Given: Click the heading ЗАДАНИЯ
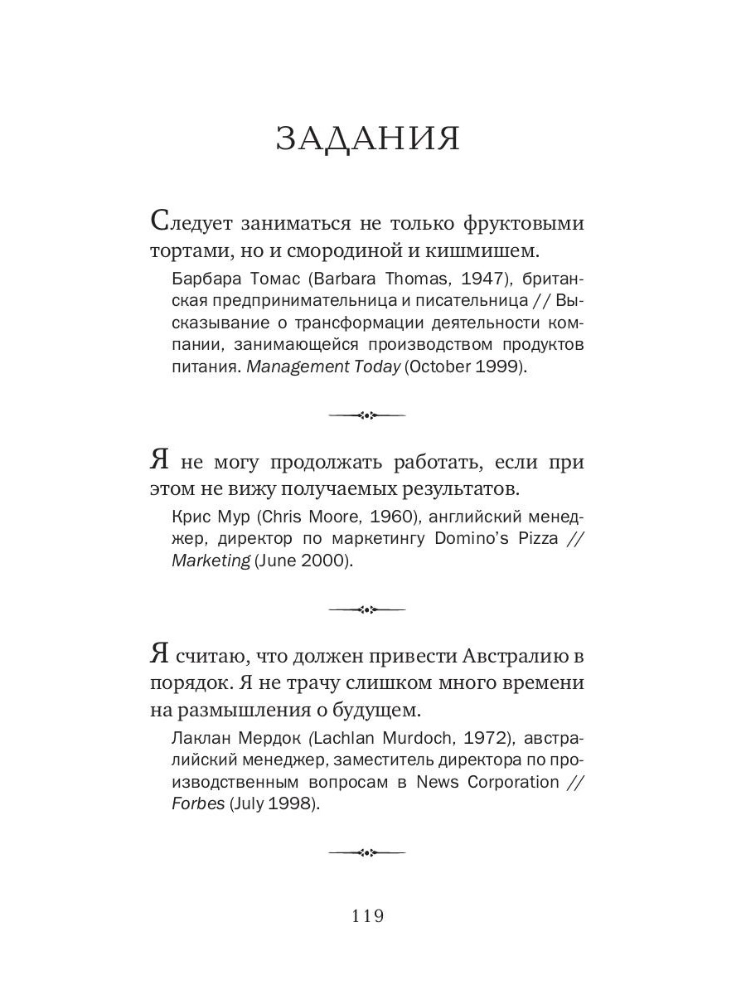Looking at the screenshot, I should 367,138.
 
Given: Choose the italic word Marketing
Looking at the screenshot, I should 211,561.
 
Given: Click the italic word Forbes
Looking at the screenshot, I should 197,804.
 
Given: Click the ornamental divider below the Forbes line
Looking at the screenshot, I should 366,851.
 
